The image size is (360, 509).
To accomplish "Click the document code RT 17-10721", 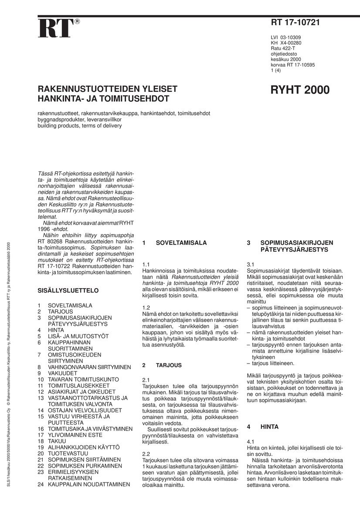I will [295, 23].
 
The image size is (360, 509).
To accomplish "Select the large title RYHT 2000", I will [300, 90].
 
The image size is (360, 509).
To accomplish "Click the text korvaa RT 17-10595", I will [292, 65].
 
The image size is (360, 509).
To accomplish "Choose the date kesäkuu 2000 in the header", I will [285, 59].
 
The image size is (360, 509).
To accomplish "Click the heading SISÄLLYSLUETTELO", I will [68, 290].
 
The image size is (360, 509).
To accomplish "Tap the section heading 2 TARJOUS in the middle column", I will [162, 365].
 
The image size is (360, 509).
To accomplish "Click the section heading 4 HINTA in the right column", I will [263, 427].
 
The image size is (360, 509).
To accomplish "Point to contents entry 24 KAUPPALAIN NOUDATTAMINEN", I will [84, 484].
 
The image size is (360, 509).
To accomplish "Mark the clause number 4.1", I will [251, 442].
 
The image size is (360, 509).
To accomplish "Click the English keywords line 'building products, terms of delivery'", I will [79, 125].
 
